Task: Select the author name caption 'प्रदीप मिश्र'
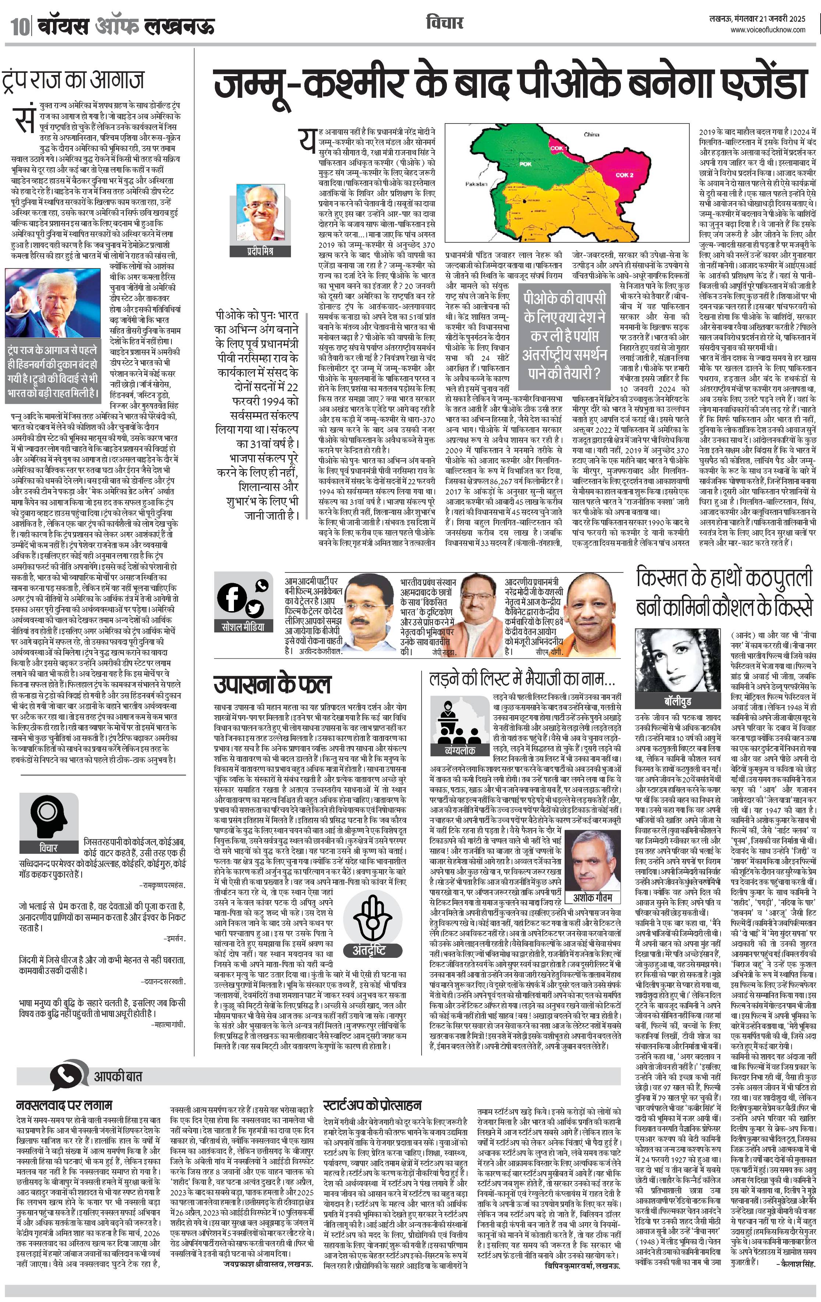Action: coord(261,251)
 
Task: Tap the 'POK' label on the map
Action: coord(526,163)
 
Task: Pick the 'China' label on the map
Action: coord(591,134)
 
